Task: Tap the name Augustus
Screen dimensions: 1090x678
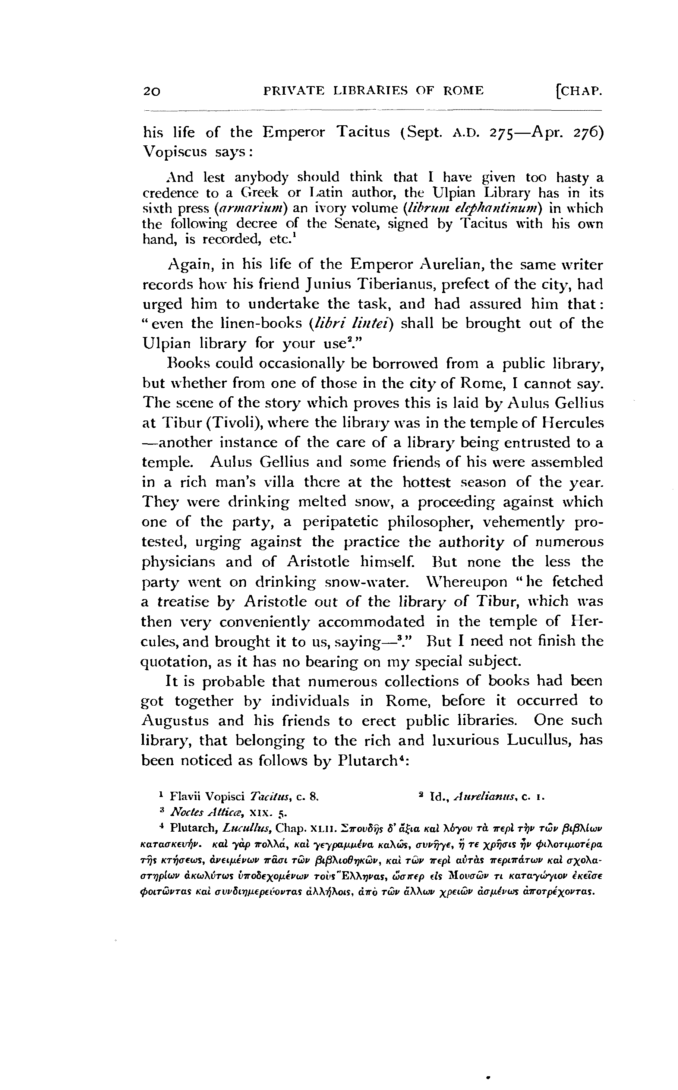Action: tap(176, 721)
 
